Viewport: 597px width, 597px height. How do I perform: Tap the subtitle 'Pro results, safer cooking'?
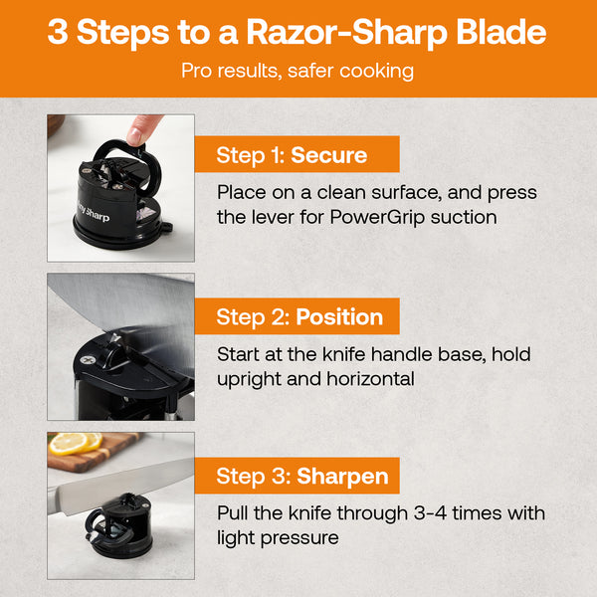[x=298, y=72]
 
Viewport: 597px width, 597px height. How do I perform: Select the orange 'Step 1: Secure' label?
[x=293, y=155]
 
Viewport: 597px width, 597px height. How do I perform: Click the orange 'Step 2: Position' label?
[x=300, y=317]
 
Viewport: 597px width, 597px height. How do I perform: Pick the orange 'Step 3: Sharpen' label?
[x=300, y=476]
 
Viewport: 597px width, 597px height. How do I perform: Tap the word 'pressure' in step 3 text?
[x=299, y=538]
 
